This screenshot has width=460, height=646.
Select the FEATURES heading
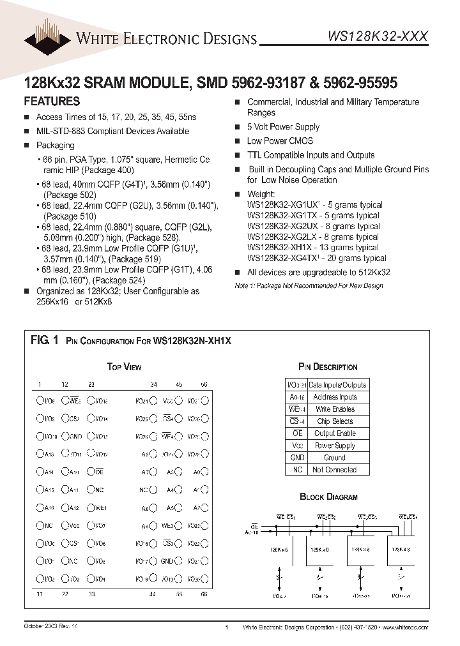[x=52, y=101]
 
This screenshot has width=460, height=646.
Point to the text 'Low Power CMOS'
[x=280, y=141]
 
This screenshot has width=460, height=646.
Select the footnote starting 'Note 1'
[x=309, y=285]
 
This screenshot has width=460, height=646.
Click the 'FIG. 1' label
[x=44, y=340]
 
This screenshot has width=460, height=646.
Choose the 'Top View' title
[x=124, y=367]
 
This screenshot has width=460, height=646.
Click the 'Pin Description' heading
[x=328, y=367]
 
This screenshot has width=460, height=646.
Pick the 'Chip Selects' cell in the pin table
[x=334, y=421]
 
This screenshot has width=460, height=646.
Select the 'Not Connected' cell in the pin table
[x=334, y=470]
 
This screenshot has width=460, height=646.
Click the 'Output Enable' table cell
[x=334, y=433]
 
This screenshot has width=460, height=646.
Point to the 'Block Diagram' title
[x=328, y=497]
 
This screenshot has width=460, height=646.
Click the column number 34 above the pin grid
[x=153, y=385]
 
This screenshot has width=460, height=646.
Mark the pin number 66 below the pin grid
[x=204, y=594]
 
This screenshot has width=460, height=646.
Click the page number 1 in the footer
[x=227, y=628]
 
